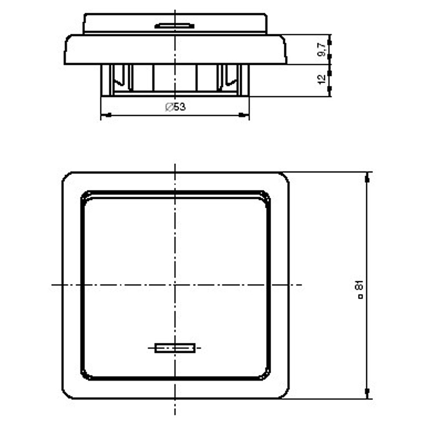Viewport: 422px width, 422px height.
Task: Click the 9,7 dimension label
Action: (322, 50)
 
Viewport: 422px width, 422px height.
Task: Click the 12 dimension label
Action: (322, 79)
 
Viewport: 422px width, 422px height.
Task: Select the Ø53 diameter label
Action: (175, 107)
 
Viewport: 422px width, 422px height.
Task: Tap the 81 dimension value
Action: (360, 285)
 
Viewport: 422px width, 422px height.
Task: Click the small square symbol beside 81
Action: (361, 296)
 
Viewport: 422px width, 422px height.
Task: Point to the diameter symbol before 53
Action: (169, 107)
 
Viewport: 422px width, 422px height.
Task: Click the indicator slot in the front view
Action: (175, 348)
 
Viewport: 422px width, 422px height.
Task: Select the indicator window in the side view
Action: (175, 26)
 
